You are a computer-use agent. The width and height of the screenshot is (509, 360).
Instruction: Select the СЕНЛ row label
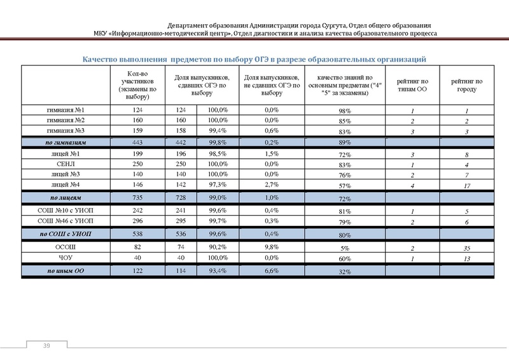pyautogui.click(x=66, y=164)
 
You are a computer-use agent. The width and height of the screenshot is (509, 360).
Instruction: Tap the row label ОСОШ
pyautogui.click(x=66, y=247)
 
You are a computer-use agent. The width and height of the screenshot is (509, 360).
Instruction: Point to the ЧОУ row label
pyautogui.click(x=66, y=258)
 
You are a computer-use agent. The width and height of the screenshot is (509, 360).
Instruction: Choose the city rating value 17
pyautogui.click(x=466, y=186)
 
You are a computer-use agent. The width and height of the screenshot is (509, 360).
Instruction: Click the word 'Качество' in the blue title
pyautogui.click(x=103, y=59)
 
